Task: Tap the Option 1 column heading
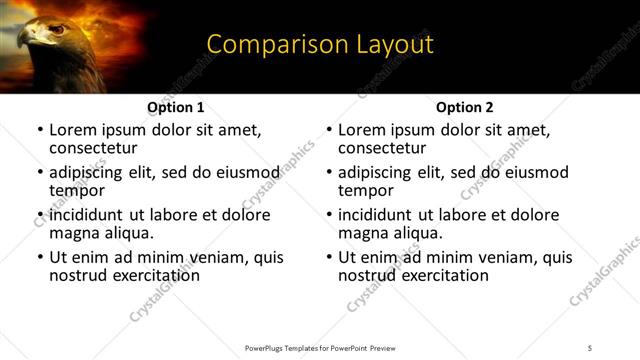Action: (176, 107)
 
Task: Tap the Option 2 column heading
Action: (465, 107)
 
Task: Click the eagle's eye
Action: (57, 29)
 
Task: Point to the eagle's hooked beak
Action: (27, 41)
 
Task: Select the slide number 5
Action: (590, 348)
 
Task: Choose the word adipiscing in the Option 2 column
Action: (377, 172)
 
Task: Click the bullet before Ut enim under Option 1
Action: (40, 257)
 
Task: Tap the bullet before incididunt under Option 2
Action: (329, 215)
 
